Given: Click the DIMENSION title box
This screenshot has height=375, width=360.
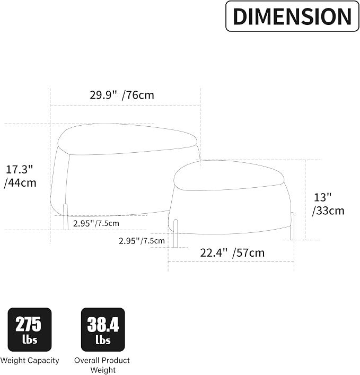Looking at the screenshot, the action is pos(292,16).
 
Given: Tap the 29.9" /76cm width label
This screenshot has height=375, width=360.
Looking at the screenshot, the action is pos(122,95).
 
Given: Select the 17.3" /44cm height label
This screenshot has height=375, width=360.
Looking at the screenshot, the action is pos(20,176).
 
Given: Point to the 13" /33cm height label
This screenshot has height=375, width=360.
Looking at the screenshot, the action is pos(328,204).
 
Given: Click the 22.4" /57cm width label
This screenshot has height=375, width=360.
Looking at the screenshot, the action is pos(232,253).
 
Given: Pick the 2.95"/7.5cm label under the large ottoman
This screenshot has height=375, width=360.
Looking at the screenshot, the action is pos(96,223).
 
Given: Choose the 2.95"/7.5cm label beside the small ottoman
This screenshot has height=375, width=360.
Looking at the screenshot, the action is pos(142,241).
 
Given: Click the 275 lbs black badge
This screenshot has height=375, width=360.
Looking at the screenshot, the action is pos(30,329).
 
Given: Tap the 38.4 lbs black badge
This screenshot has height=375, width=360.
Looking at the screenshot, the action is pos(103,329).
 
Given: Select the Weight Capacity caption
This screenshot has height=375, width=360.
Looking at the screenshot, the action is pos(30,360).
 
